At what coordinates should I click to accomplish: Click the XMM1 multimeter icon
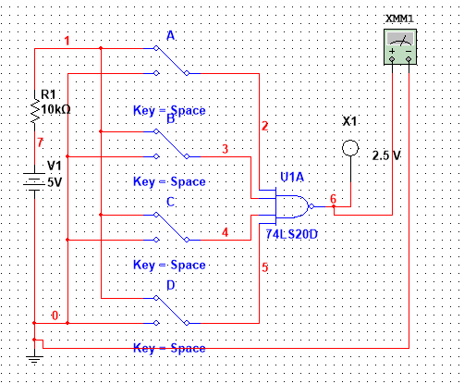(x=399, y=45)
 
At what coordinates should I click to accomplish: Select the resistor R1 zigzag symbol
(x=34, y=111)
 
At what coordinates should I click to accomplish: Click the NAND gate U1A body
(x=293, y=207)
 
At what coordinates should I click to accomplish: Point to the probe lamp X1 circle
(x=349, y=148)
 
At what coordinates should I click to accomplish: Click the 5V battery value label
(x=55, y=182)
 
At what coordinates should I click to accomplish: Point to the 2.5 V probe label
(x=385, y=155)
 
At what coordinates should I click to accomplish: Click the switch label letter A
(x=170, y=35)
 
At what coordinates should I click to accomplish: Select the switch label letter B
(x=170, y=119)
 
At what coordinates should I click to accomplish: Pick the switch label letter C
(x=170, y=202)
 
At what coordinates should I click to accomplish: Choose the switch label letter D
(x=170, y=284)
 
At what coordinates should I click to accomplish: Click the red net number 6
(x=334, y=199)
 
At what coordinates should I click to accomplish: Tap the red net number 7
(x=40, y=142)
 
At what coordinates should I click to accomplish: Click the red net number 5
(x=264, y=268)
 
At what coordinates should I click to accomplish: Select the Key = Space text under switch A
(x=169, y=110)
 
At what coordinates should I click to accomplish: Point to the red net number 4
(x=225, y=231)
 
